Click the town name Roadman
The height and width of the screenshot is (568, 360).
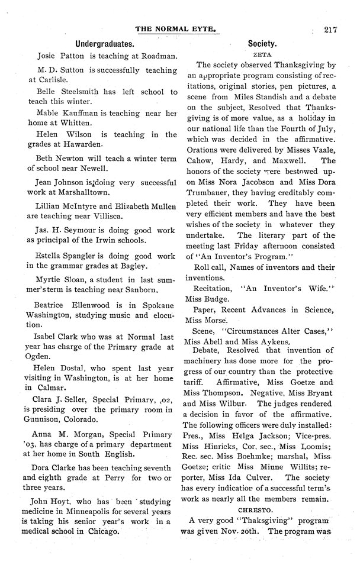click(x=157, y=57)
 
